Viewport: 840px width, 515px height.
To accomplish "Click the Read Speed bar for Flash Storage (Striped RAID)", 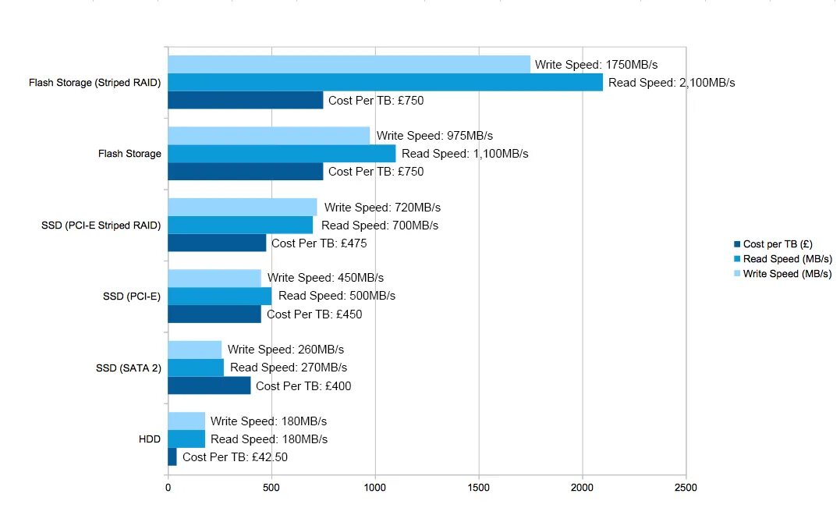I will click(385, 82).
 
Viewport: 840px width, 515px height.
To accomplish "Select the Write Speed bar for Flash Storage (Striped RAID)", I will click(349, 64).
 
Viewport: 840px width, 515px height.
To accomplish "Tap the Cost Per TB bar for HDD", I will click(172, 457).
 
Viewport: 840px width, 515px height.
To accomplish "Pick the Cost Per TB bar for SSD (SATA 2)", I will click(209, 385).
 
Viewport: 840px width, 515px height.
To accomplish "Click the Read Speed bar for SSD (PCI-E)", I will click(220, 296).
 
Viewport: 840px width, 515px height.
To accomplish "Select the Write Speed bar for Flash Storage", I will click(269, 136).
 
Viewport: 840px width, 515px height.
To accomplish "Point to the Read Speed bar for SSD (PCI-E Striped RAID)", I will click(240, 225).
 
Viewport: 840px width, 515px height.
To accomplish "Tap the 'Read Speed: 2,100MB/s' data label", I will click(672, 82).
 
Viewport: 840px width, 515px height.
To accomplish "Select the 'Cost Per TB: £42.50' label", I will click(235, 457).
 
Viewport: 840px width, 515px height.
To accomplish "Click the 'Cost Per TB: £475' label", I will click(319, 243).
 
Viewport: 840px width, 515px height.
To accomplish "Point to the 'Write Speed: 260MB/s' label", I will click(285, 349).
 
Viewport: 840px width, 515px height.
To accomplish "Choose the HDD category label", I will click(149, 439).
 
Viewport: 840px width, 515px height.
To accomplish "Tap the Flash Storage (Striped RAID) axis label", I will click(94, 82).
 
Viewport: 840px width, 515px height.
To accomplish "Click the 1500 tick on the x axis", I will click(479, 488).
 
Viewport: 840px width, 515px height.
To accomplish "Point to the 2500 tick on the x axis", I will click(686, 488).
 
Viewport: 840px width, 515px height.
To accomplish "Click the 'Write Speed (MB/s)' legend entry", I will click(786, 274).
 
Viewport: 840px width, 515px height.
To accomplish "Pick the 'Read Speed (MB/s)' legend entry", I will click(786, 259).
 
